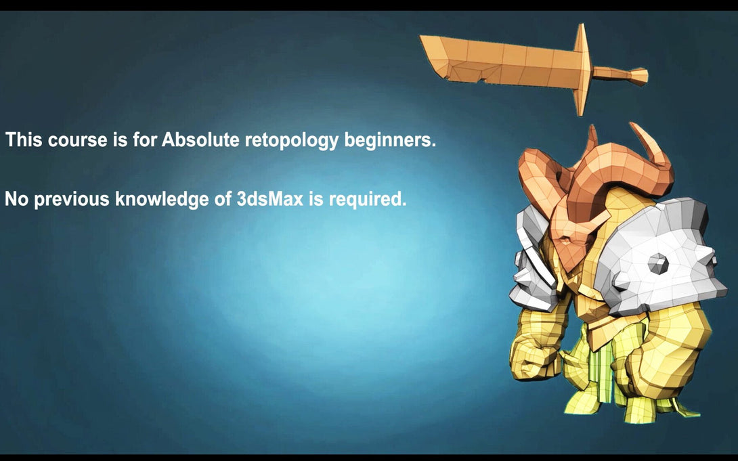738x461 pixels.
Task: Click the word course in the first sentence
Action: pos(78,140)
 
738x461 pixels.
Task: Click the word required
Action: pos(368,200)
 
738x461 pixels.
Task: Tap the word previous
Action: pos(72,200)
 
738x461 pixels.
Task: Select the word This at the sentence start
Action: pos(24,139)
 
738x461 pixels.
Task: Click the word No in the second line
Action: pos(17,199)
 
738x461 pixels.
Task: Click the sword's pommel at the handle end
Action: pos(639,76)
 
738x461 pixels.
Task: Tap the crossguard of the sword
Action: pos(582,69)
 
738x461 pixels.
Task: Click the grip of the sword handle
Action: pos(611,73)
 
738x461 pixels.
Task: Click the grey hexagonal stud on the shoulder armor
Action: pos(658,264)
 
